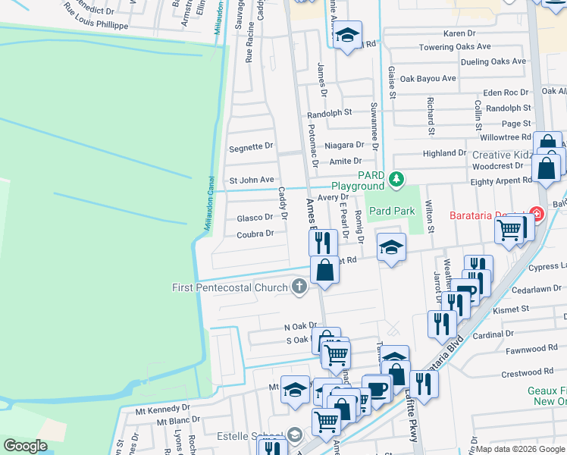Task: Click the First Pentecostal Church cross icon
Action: point(299,287)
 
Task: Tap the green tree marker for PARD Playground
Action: point(395,180)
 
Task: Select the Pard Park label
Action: point(391,210)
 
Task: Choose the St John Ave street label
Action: point(251,180)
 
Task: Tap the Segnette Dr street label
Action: point(250,146)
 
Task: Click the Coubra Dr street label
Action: point(255,234)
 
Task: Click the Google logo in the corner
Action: point(25,446)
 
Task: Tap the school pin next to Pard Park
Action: point(391,248)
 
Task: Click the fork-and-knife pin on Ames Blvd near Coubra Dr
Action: point(323,243)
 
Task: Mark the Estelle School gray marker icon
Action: point(293,435)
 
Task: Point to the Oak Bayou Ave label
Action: point(428,78)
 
